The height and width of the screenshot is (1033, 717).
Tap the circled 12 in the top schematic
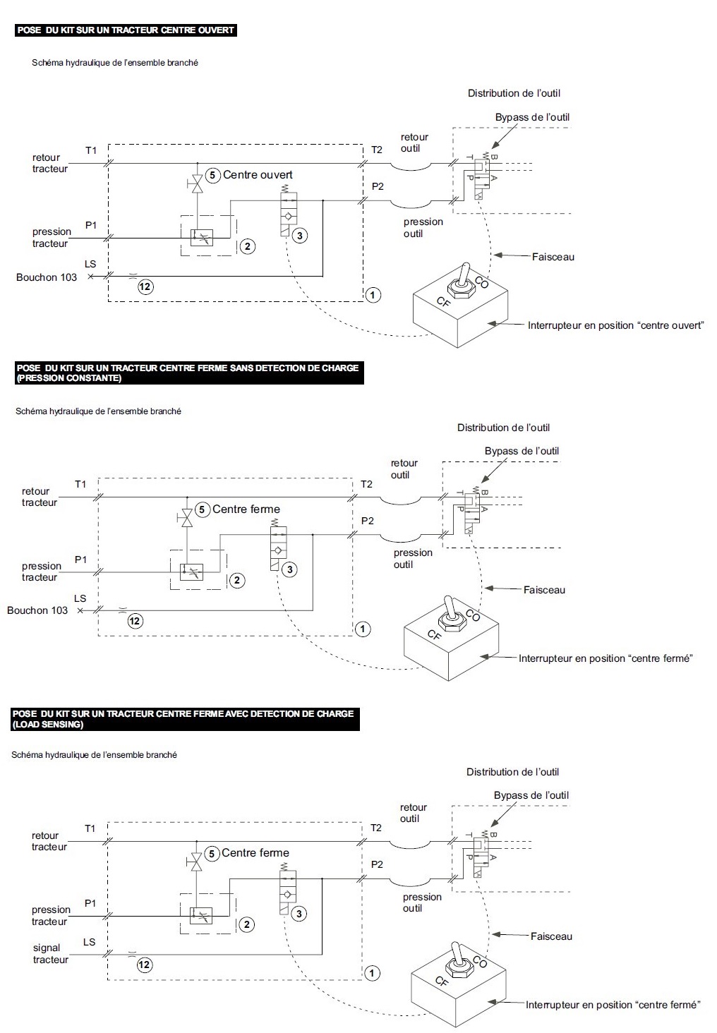pyautogui.click(x=145, y=286)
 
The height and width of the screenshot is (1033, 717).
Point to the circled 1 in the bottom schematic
pyautogui.click(x=373, y=973)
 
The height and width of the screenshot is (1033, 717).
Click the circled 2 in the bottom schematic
pyautogui.click(x=247, y=924)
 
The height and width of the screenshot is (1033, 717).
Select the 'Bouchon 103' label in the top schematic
pyautogui.click(x=47, y=277)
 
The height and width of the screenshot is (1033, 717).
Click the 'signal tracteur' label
pyautogui.click(x=50, y=954)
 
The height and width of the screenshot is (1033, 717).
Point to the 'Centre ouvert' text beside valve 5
pyautogui.click(x=258, y=175)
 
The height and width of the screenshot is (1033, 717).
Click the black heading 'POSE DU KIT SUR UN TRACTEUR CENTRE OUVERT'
pyautogui.click(x=125, y=30)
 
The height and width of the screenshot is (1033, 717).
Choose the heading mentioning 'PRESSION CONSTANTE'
pyautogui.click(x=187, y=373)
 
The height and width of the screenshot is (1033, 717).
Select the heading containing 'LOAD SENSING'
pyautogui.click(x=183, y=718)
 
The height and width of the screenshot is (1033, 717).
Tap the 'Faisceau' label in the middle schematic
pyautogui.click(x=544, y=590)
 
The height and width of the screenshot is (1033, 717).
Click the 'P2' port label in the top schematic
pyautogui.click(x=378, y=186)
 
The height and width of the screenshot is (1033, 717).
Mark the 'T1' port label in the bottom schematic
pyautogui.click(x=90, y=828)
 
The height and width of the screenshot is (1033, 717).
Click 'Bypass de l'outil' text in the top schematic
pyautogui.click(x=532, y=117)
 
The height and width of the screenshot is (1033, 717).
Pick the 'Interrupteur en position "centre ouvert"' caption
pyautogui.click(x=615, y=325)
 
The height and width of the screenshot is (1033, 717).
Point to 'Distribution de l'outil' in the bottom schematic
pyautogui.click(x=512, y=772)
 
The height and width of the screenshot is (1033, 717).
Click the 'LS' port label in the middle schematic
pyautogui.click(x=80, y=598)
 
